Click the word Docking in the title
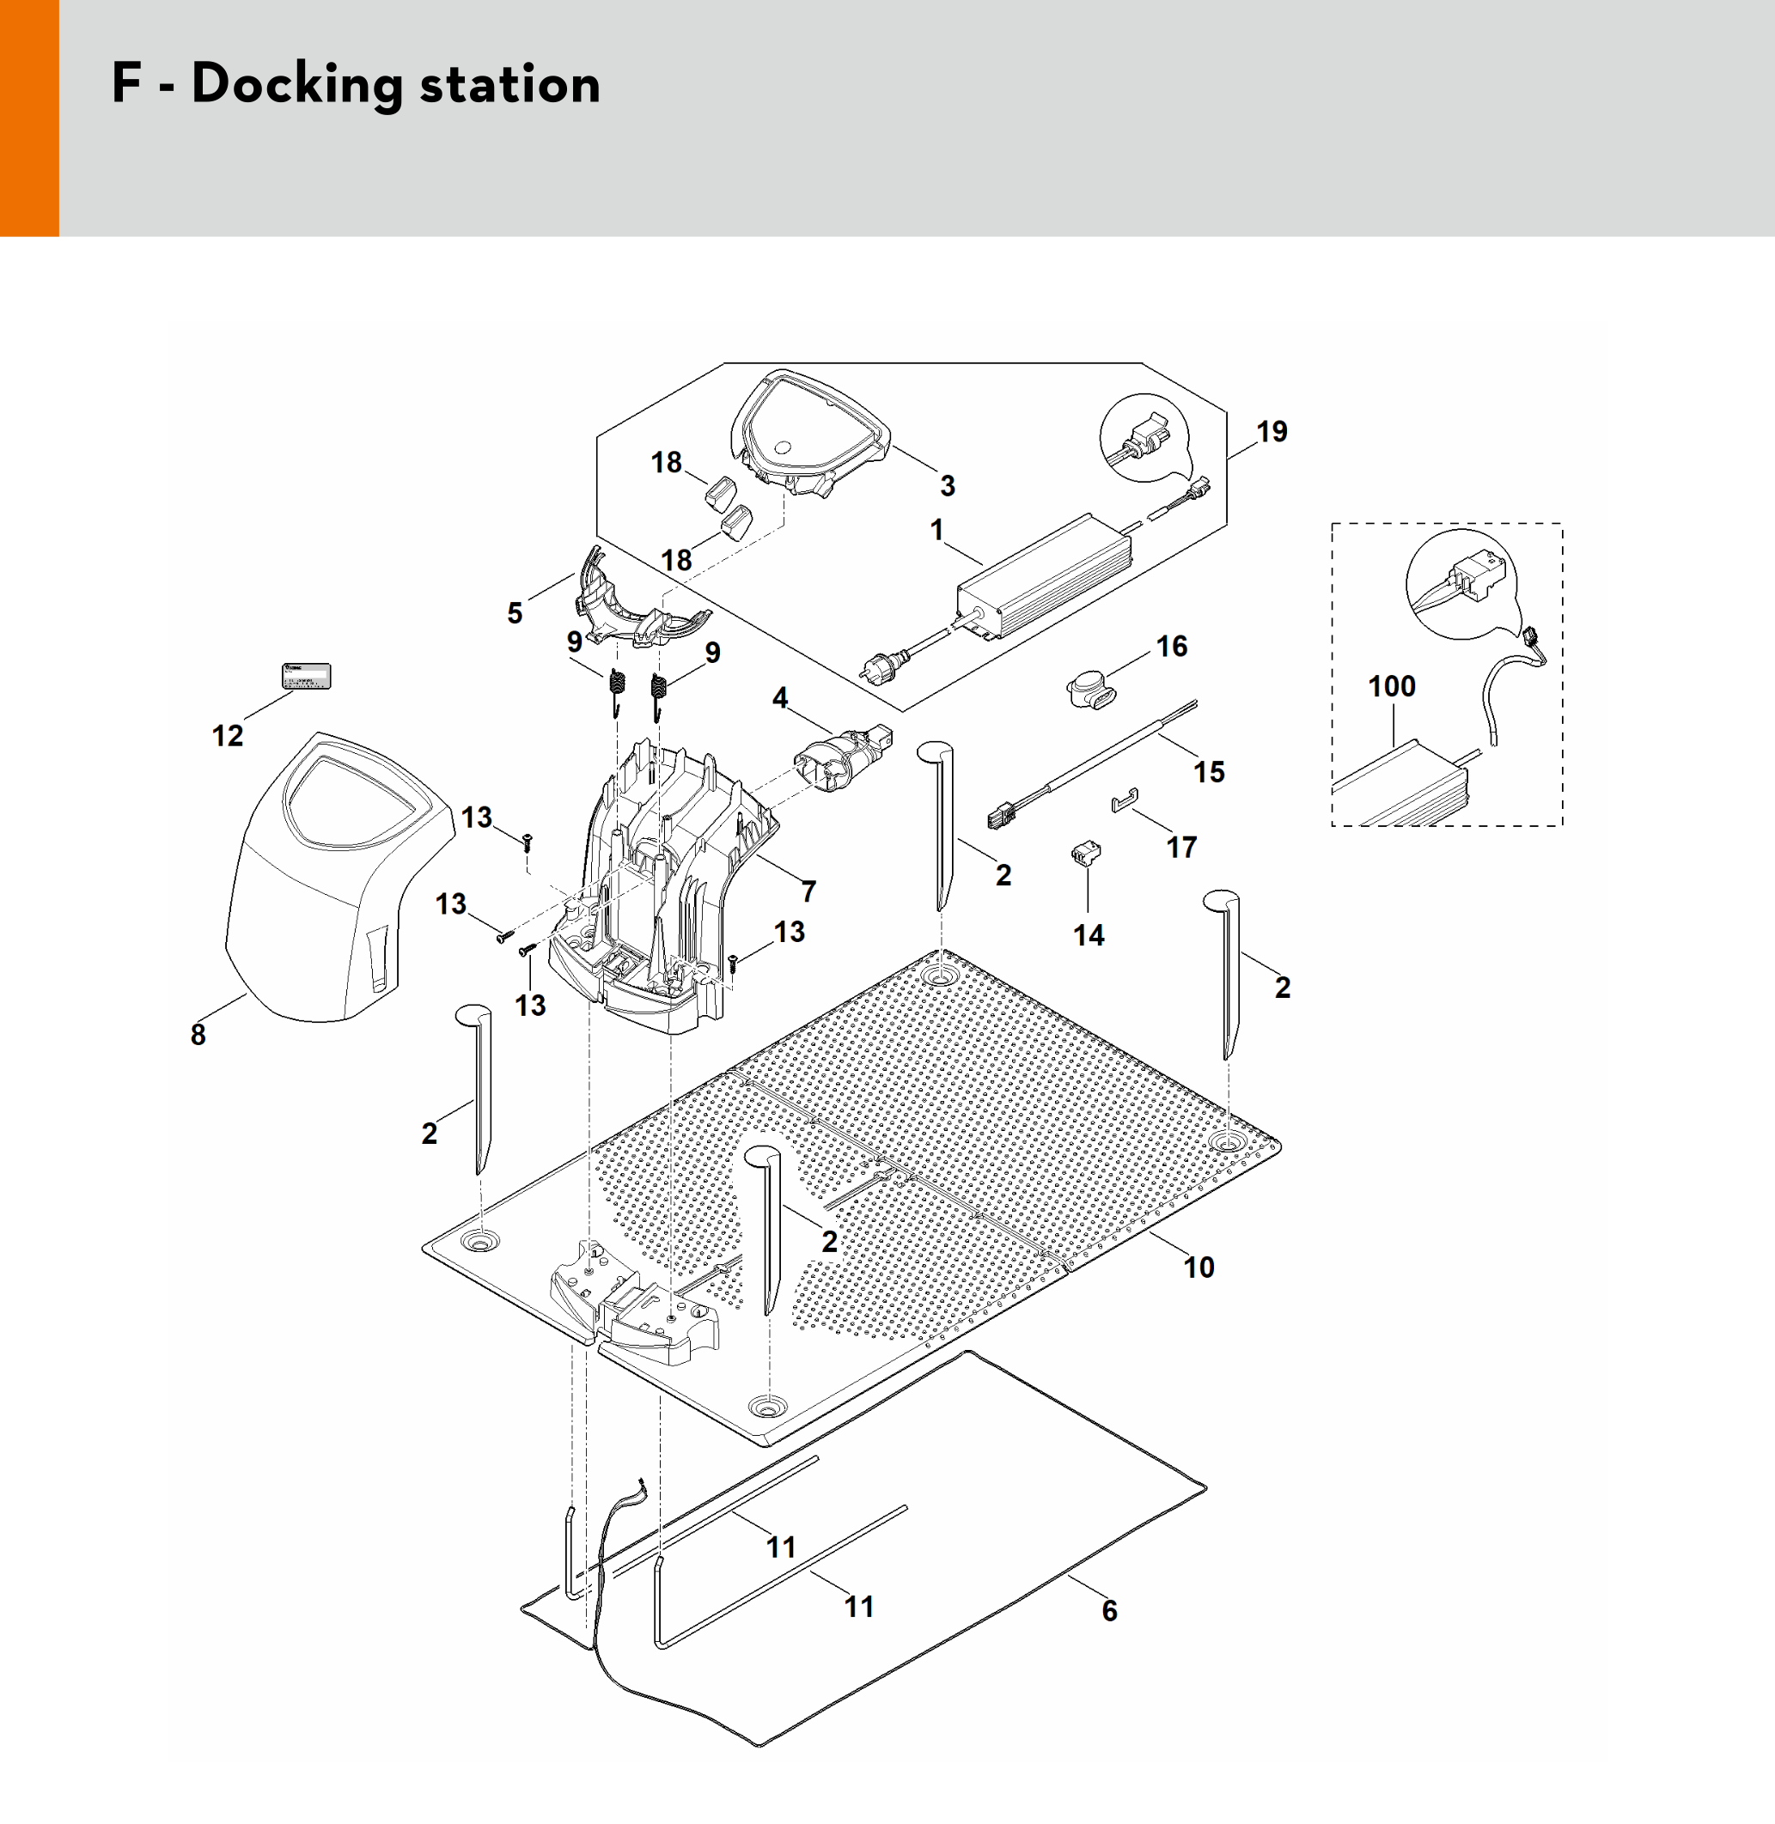[x=296, y=84]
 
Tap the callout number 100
[x=1391, y=687]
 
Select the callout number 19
[x=1272, y=432]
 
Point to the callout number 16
[x=1172, y=647]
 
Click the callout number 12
[x=228, y=736]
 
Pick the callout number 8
[x=198, y=1035]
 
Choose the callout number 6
[x=1109, y=1610]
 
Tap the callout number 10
[x=1199, y=1268]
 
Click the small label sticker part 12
[x=307, y=676]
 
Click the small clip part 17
[x=1125, y=800]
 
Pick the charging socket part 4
[x=839, y=755]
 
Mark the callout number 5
[x=515, y=613]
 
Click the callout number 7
[x=809, y=892]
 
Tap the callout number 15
[x=1209, y=773]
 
